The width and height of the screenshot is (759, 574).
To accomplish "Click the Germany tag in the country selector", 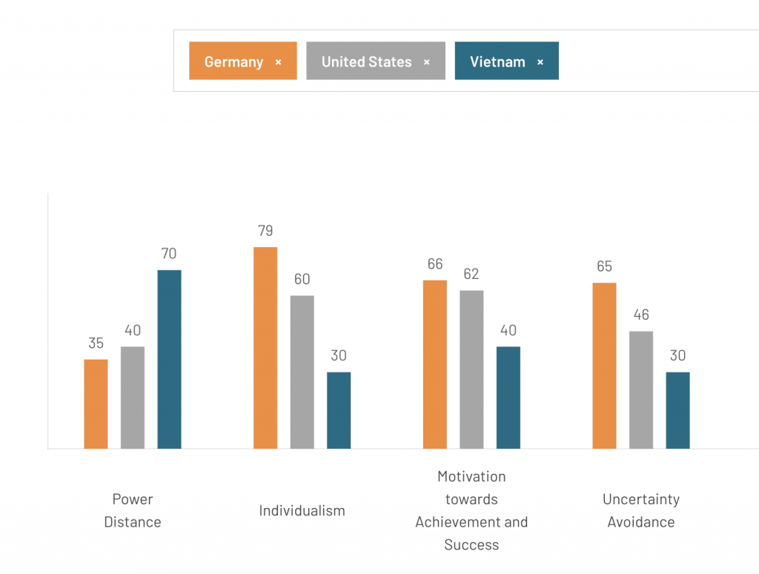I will (x=233, y=62).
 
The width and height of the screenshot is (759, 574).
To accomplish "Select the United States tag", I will (x=366, y=62).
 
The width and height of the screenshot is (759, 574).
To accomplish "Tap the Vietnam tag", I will (x=497, y=62).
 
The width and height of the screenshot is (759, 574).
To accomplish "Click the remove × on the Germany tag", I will (x=279, y=62).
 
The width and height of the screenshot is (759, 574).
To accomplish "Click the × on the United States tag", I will (x=427, y=62).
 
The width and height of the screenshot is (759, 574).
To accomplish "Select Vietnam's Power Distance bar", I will (x=169, y=359).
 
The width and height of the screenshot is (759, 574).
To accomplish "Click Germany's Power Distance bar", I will (x=96, y=403).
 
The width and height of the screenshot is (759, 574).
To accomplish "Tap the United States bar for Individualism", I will (x=302, y=372).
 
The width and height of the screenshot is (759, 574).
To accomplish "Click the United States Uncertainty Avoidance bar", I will (x=641, y=389).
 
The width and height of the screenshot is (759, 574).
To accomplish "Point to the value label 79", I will (x=265, y=231).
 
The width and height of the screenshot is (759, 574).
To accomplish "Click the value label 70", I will (x=169, y=254).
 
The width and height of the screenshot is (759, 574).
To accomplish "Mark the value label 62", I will (x=471, y=274).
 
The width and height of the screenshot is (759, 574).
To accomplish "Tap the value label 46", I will (x=641, y=315).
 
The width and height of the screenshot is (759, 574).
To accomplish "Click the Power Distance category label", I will (x=133, y=510).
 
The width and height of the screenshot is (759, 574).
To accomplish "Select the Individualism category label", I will (x=302, y=510).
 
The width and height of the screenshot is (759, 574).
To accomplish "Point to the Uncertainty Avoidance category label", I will (x=641, y=510).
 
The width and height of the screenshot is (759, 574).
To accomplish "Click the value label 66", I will (x=435, y=264).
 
